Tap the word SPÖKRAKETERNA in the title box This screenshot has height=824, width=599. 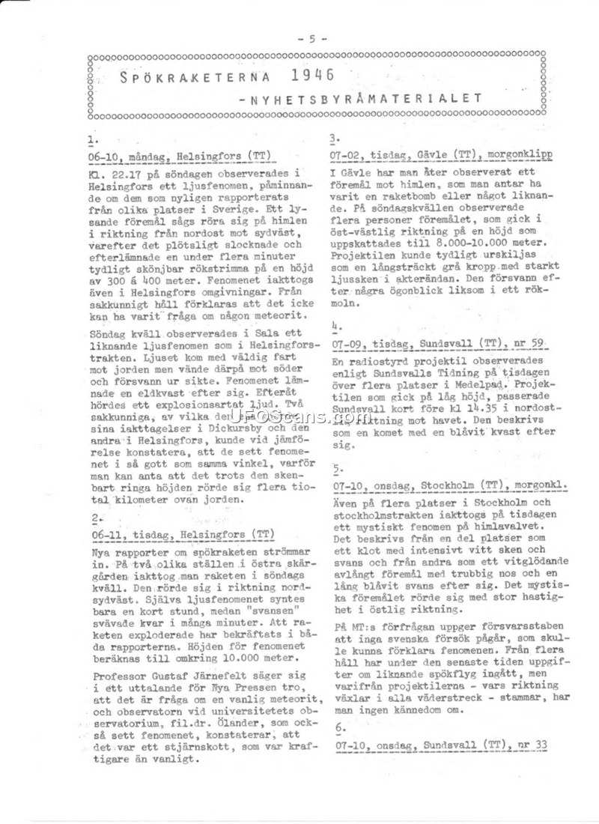tap(193, 76)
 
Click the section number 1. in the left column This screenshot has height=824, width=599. tap(91, 139)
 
